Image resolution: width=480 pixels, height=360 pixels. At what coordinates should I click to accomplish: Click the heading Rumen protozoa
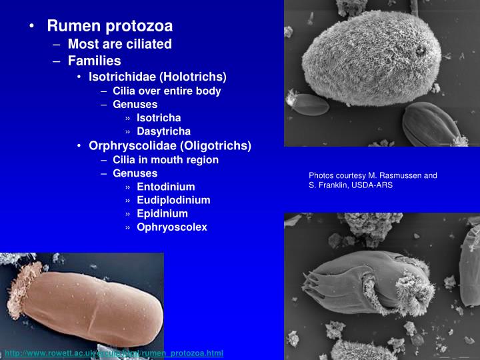click(x=109, y=26)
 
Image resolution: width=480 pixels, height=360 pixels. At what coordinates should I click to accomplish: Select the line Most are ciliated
click(x=119, y=44)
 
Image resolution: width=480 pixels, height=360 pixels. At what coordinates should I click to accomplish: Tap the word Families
click(x=94, y=61)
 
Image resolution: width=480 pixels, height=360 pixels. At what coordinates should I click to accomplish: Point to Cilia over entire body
click(x=167, y=91)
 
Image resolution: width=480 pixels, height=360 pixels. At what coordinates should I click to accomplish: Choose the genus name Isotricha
click(x=159, y=118)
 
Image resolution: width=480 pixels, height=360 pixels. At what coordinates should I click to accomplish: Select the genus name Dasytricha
click(x=163, y=131)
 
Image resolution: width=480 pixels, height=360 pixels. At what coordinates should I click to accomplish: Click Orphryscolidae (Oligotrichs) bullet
click(x=170, y=145)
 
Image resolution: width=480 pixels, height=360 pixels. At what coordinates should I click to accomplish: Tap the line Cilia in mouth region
click(x=165, y=159)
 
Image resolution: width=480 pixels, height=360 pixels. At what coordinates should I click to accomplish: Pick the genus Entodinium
click(x=165, y=187)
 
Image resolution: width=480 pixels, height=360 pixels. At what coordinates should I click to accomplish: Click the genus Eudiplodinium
click(x=173, y=200)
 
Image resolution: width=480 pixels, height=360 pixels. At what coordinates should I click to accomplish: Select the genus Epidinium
click(x=162, y=213)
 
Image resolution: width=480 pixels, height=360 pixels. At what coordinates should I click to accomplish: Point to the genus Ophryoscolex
click(x=172, y=227)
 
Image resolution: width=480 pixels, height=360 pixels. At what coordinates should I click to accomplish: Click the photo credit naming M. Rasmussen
click(x=373, y=175)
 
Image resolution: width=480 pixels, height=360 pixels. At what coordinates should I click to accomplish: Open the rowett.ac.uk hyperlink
click(x=114, y=353)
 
